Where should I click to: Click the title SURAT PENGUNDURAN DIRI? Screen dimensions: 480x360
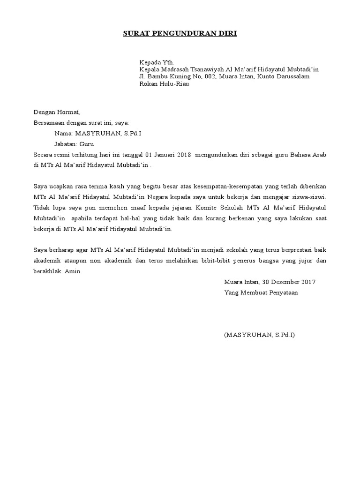[x=180, y=34]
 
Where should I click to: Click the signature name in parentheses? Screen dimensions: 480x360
[x=260, y=335]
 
